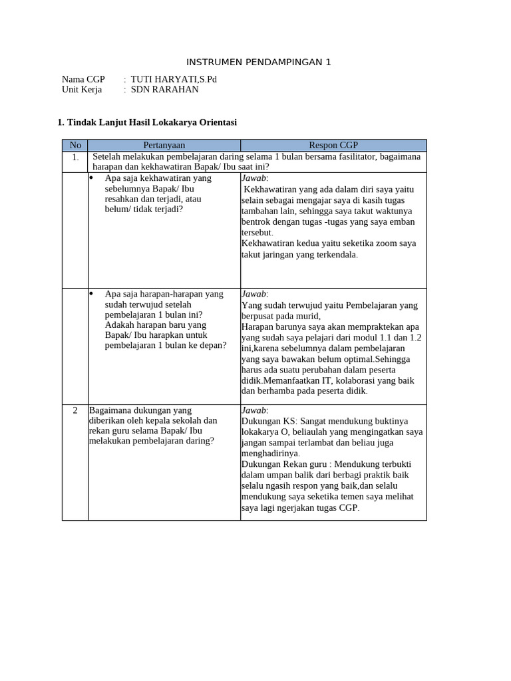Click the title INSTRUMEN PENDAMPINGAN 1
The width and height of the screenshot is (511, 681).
(258, 63)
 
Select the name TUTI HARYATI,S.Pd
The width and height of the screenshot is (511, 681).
(174, 79)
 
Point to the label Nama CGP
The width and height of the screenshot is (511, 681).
(83, 79)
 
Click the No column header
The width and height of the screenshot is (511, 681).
(75, 145)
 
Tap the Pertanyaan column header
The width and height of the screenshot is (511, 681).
(164, 145)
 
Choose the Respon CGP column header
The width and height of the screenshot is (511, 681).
(333, 145)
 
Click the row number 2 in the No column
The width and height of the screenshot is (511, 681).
(75, 410)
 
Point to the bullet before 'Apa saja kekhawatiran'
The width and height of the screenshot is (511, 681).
(92, 178)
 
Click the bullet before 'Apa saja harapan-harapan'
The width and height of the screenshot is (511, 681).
(92, 293)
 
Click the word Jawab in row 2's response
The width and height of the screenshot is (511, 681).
(254, 410)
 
